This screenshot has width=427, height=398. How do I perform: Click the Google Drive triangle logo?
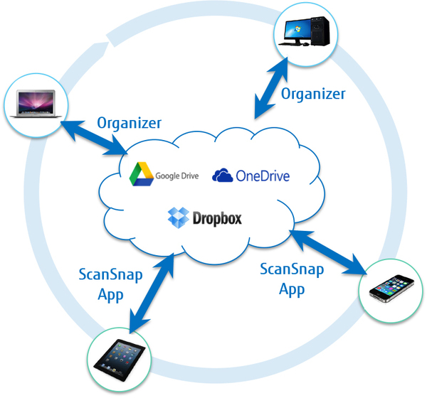tap(141, 174)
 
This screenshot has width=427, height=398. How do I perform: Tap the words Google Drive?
tap(178, 175)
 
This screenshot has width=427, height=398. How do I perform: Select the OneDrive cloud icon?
tap(223, 175)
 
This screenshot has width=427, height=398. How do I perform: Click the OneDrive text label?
tap(263, 175)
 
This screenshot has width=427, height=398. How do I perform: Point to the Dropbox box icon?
tap(178, 217)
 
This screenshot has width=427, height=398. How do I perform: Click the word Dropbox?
tap(218, 217)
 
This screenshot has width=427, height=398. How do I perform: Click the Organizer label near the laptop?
tap(129, 122)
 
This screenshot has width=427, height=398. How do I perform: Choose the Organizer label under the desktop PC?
tap(313, 93)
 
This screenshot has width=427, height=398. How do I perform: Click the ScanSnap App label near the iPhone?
tap(292, 279)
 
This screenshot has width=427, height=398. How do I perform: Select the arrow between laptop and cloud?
tap(95, 139)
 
